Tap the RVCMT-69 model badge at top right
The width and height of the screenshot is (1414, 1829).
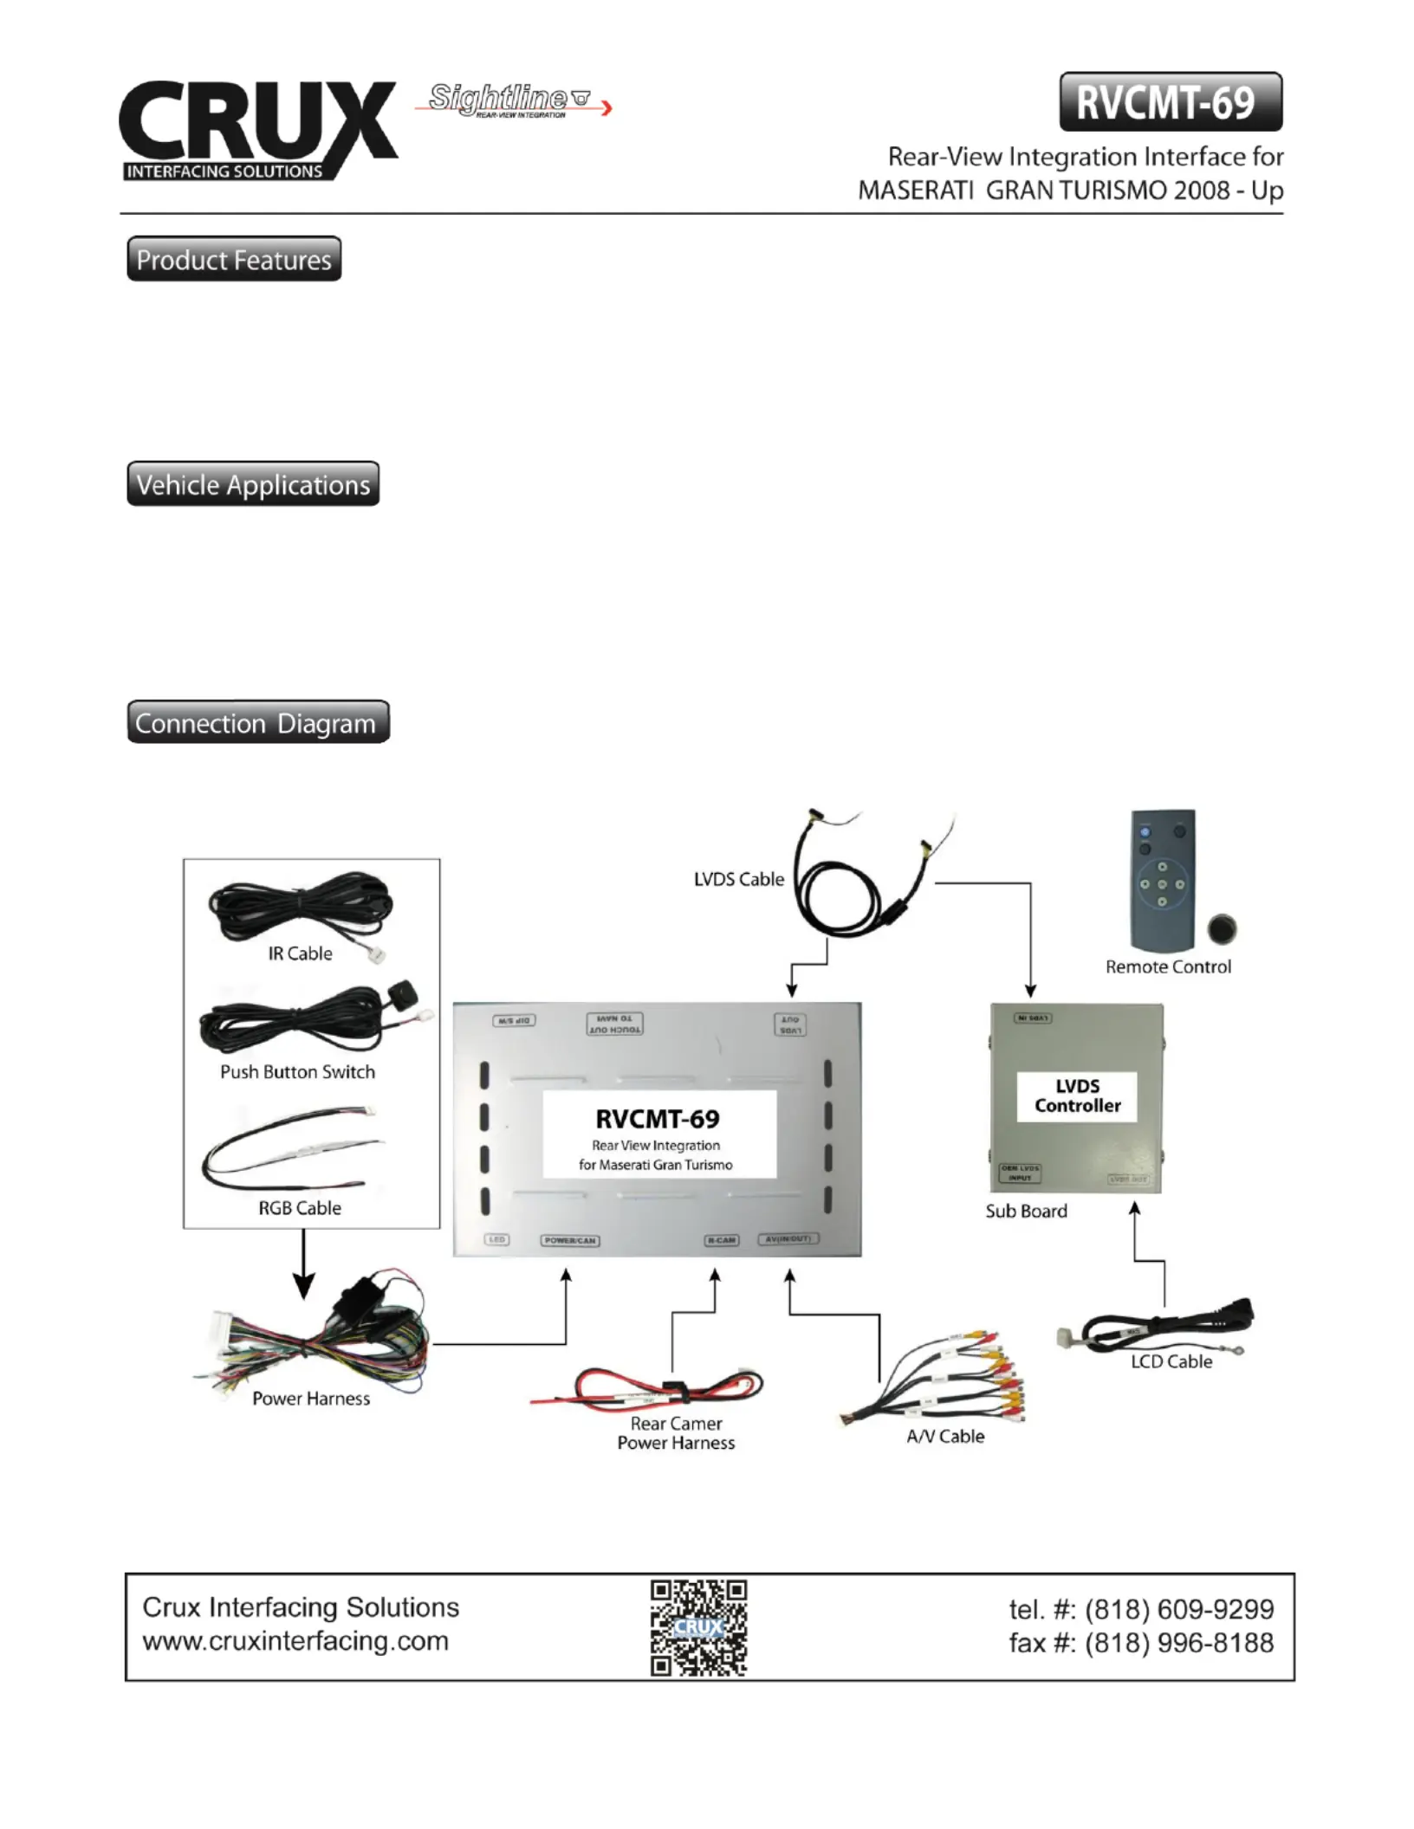point(1170,102)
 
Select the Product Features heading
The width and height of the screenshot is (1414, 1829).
point(234,259)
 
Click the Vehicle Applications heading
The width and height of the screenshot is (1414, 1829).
point(253,484)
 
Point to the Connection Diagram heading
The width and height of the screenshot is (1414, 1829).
point(257,722)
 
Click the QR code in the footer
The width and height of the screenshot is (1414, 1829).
point(698,1627)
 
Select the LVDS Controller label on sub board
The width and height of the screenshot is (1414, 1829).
point(1077,1095)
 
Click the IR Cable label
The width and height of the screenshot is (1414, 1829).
point(300,953)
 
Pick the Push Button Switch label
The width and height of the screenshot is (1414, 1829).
point(297,1072)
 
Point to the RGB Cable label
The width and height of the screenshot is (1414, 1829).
point(300,1208)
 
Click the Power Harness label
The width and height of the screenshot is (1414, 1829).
point(311,1399)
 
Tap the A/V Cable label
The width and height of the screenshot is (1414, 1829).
point(945,1437)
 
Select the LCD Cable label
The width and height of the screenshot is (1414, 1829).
point(1171,1361)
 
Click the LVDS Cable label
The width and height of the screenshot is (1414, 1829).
point(738,879)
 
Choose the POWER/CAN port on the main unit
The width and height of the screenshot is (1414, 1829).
point(569,1240)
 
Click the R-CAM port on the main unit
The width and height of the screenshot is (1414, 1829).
point(721,1240)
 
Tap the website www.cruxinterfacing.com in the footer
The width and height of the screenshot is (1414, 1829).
point(295,1641)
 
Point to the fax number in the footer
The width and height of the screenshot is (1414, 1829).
point(1141,1643)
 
